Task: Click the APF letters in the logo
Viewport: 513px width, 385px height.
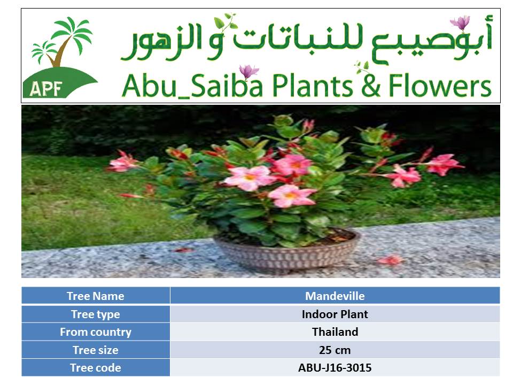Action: [45, 89]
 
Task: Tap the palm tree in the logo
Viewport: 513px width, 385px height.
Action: [62, 41]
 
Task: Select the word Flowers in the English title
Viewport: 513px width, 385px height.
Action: [440, 86]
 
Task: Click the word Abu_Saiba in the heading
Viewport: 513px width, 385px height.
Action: [192, 86]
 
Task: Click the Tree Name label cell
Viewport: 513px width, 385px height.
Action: [96, 296]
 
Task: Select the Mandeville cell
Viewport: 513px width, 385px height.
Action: [335, 296]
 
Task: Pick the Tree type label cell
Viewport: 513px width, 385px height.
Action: [96, 314]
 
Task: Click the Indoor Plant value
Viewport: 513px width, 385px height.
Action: [335, 314]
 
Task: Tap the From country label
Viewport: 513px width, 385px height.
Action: [96, 332]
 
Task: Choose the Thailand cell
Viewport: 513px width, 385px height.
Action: [335, 332]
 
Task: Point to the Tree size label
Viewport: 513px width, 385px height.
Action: [96, 350]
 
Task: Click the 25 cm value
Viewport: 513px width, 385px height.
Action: [335, 350]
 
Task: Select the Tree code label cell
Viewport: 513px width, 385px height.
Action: [96, 368]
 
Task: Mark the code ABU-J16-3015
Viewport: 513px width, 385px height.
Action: [335, 368]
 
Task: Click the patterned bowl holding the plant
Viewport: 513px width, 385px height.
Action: [287, 252]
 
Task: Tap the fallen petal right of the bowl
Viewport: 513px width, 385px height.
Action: [390, 260]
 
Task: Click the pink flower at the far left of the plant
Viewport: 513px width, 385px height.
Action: [123, 163]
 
